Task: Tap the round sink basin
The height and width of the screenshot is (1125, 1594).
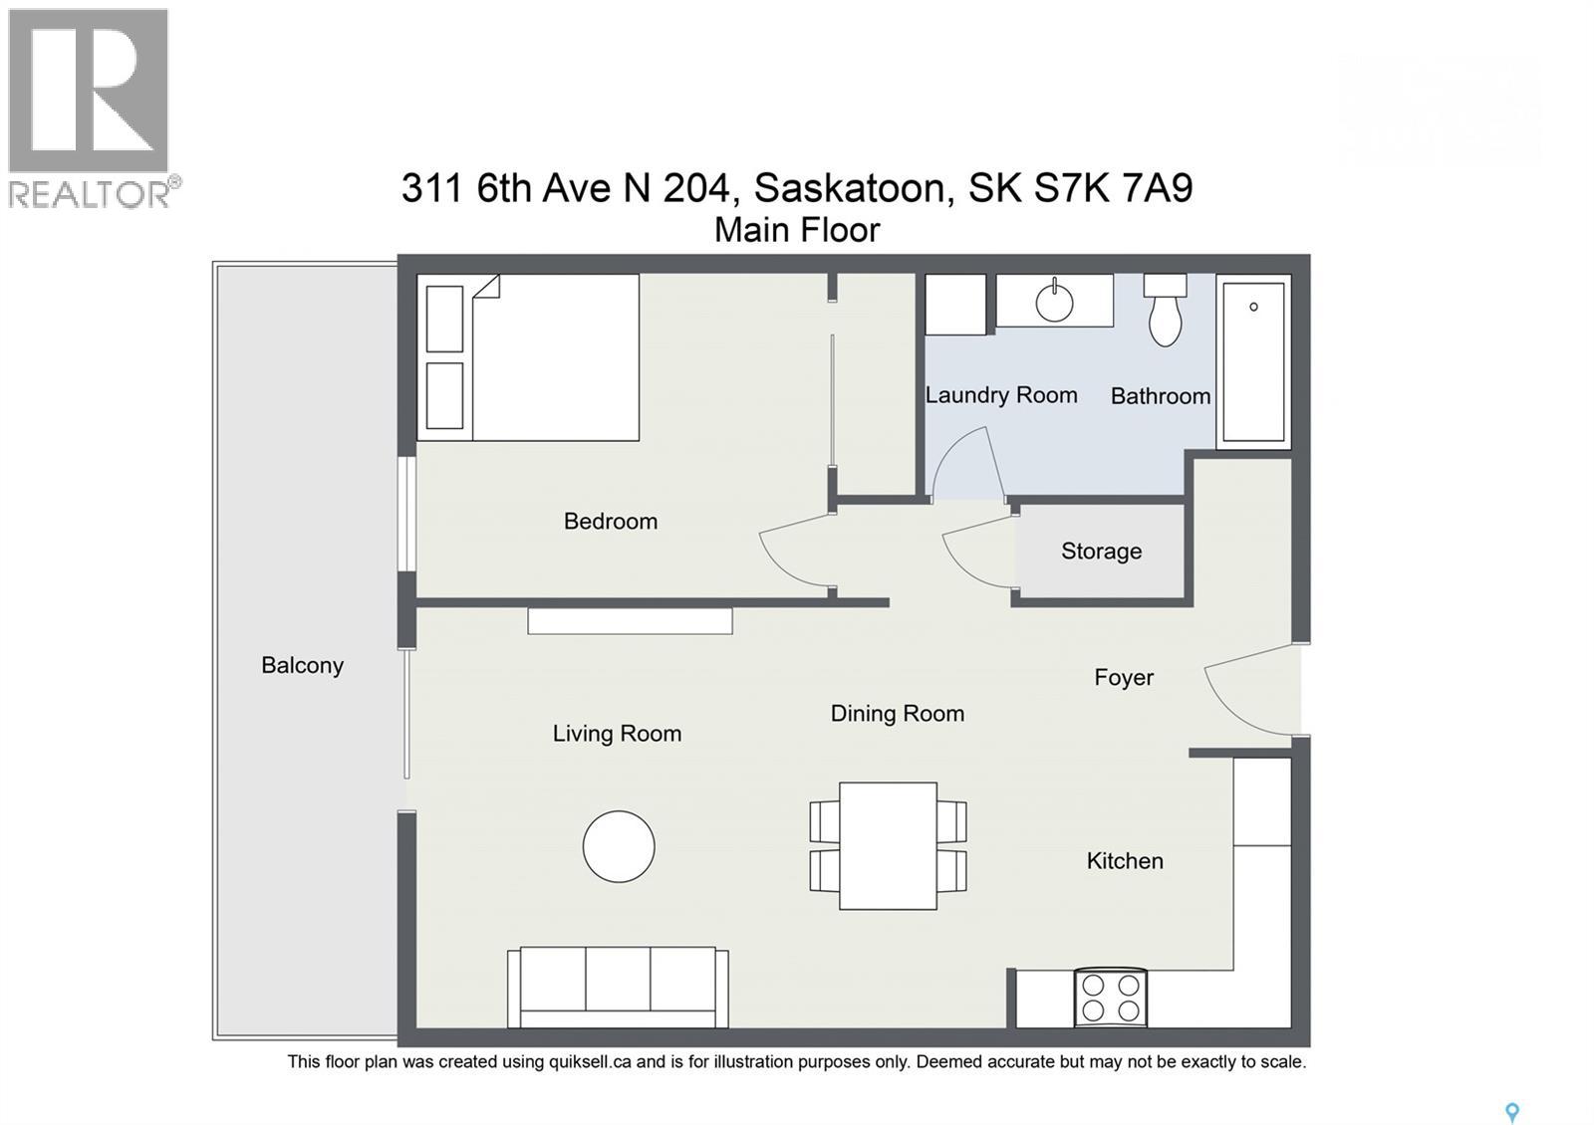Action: tap(1054, 303)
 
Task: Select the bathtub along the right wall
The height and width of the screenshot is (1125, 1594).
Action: tap(1253, 360)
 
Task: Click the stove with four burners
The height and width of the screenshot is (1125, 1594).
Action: tap(1110, 998)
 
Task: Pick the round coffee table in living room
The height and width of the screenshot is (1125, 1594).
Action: tap(619, 846)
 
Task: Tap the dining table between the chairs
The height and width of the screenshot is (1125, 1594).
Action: tap(888, 845)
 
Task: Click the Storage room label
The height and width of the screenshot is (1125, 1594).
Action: tap(1101, 551)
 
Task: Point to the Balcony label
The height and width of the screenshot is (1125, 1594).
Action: tap(302, 665)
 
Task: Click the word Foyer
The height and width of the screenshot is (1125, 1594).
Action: tap(1123, 677)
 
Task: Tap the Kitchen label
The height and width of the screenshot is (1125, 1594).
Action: tap(1124, 860)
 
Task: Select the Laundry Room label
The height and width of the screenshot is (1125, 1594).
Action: tap(1000, 395)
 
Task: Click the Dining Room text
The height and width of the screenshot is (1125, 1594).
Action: tap(897, 713)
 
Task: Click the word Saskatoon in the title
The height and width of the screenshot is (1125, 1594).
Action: tap(849, 187)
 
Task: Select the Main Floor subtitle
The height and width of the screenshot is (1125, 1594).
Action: tap(797, 230)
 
